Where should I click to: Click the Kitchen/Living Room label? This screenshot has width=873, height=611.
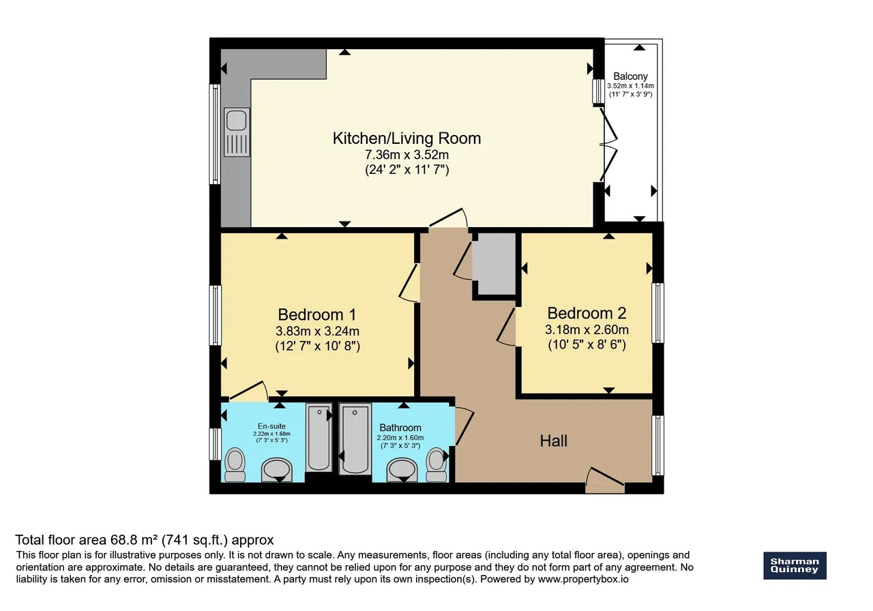[x=406, y=138]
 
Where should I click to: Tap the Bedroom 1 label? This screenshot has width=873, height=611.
[x=317, y=314]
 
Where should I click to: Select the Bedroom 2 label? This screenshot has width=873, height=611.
[x=587, y=313]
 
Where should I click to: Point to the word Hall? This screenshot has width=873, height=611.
[x=553, y=441]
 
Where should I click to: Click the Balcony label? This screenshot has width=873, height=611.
[x=631, y=76]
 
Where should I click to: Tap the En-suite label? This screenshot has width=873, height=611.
[x=271, y=426]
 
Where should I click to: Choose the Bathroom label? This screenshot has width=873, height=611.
[x=400, y=428]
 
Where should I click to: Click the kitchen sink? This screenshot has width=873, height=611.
[x=237, y=132]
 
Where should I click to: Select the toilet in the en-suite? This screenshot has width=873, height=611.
[x=235, y=464]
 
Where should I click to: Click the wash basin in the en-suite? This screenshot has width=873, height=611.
[x=276, y=470]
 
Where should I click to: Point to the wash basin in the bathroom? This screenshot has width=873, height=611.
[x=402, y=470]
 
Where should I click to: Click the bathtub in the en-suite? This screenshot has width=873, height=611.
[x=319, y=438]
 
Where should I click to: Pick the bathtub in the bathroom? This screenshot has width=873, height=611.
[x=355, y=439]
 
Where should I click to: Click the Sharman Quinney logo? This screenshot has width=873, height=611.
[x=795, y=565]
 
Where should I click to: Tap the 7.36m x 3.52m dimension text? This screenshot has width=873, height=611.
[x=406, y=155]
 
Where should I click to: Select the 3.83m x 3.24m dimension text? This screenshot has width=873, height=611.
[x=317, y=331]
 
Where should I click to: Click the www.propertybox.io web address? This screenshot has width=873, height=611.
[x=583, y=579]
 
